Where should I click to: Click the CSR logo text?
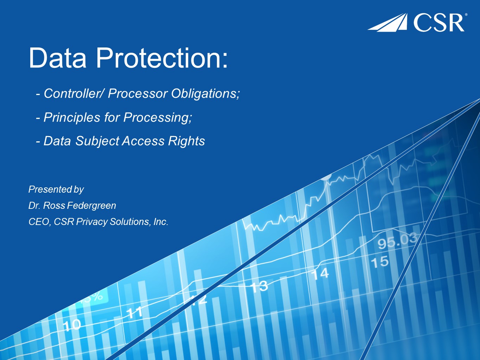(439, 23)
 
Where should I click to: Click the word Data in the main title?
(58, 58)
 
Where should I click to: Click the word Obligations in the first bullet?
(204, 94)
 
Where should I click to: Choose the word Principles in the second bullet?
(72, 117)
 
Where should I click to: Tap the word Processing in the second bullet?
(156, 117)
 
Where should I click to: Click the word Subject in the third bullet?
(97, 141)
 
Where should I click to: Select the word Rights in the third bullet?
(186, 141)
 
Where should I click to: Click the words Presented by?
(56, 189)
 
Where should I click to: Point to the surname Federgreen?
(91, 206)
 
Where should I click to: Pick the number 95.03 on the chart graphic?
(397, 241)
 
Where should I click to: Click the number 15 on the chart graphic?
(380, 262)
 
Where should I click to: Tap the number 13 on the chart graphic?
(259, 287)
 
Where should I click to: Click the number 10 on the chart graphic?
(72, 325)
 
